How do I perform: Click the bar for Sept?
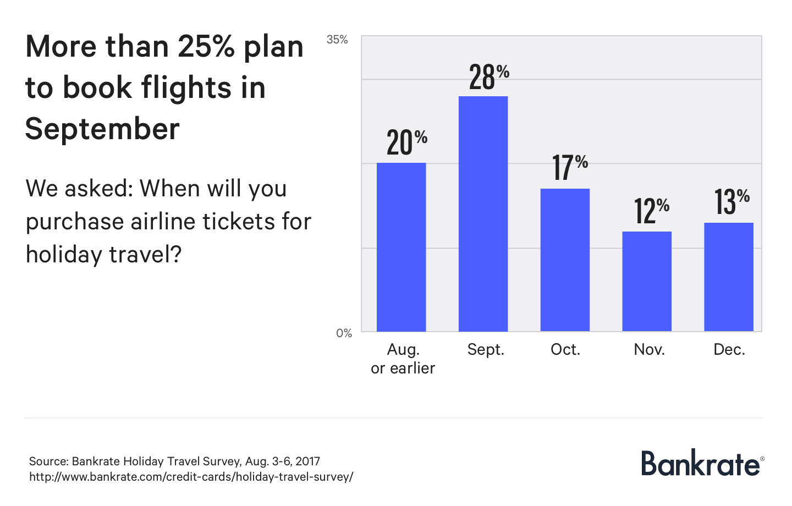(483, 214)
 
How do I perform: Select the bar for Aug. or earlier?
(401, 247)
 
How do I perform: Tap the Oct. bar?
(565, 260)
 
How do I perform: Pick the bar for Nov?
(647, 282)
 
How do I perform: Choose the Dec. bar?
(729, 277)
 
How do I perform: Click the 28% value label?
(489, 78)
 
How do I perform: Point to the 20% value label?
(407, 142)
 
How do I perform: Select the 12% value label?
(652, 211)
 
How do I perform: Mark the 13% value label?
(732, 202)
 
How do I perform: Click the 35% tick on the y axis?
(337, 40)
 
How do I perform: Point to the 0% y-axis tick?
(344, 333)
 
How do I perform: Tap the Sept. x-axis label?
(486, 350)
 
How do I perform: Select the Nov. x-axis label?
(649, 350)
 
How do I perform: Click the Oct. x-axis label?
(565, 350)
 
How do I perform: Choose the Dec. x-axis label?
(729, 350)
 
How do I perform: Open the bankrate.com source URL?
(191, 477)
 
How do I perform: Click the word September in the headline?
(102, 129)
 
